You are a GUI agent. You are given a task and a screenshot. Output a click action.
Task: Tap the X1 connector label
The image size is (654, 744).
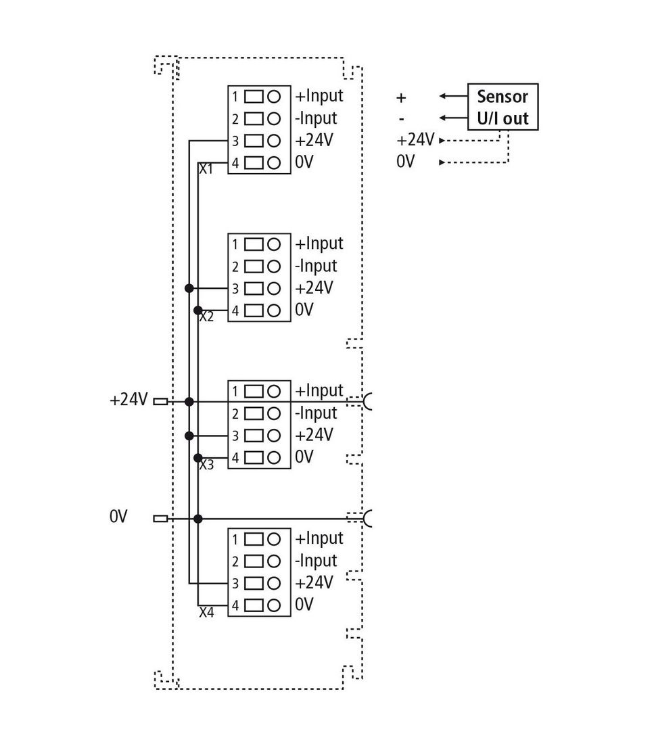(206, 169)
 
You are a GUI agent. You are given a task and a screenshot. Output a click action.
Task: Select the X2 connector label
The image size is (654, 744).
(206, 317)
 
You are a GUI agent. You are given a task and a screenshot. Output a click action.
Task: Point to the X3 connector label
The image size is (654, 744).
(206, 465)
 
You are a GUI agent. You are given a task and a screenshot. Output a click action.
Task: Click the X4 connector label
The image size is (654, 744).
(206, 612)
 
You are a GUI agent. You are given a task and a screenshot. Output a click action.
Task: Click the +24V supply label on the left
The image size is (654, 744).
(129, 400)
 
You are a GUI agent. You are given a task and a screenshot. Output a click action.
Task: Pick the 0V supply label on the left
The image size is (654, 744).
(118, 516)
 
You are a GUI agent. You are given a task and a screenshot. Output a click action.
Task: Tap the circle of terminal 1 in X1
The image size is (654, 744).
(274, 97)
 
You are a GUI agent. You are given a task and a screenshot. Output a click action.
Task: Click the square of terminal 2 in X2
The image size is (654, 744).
(254, 266)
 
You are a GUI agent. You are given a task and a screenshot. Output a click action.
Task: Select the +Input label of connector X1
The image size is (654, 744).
(319, 96)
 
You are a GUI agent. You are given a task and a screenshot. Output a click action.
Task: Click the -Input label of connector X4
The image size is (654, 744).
(316, 561)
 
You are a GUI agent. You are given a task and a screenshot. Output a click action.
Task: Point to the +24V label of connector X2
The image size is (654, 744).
(314, 287)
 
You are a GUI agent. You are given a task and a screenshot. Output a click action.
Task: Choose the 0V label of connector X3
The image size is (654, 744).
(304, 457)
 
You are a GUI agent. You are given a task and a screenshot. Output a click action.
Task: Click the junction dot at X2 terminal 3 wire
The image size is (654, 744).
(189, 288)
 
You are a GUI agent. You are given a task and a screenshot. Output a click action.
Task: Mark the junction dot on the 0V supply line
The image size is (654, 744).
(198, 519)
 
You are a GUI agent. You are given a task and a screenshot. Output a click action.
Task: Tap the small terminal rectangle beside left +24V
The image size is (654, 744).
(160, 402)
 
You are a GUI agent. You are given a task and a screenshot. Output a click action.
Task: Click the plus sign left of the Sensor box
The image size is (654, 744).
(401, 98)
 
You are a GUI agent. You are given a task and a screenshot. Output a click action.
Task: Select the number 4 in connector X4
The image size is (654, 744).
(235, 605)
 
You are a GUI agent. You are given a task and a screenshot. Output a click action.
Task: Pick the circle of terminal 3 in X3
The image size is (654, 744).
(274, 436)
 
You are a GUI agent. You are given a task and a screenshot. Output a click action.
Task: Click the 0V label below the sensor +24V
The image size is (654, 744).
(405, 162)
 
